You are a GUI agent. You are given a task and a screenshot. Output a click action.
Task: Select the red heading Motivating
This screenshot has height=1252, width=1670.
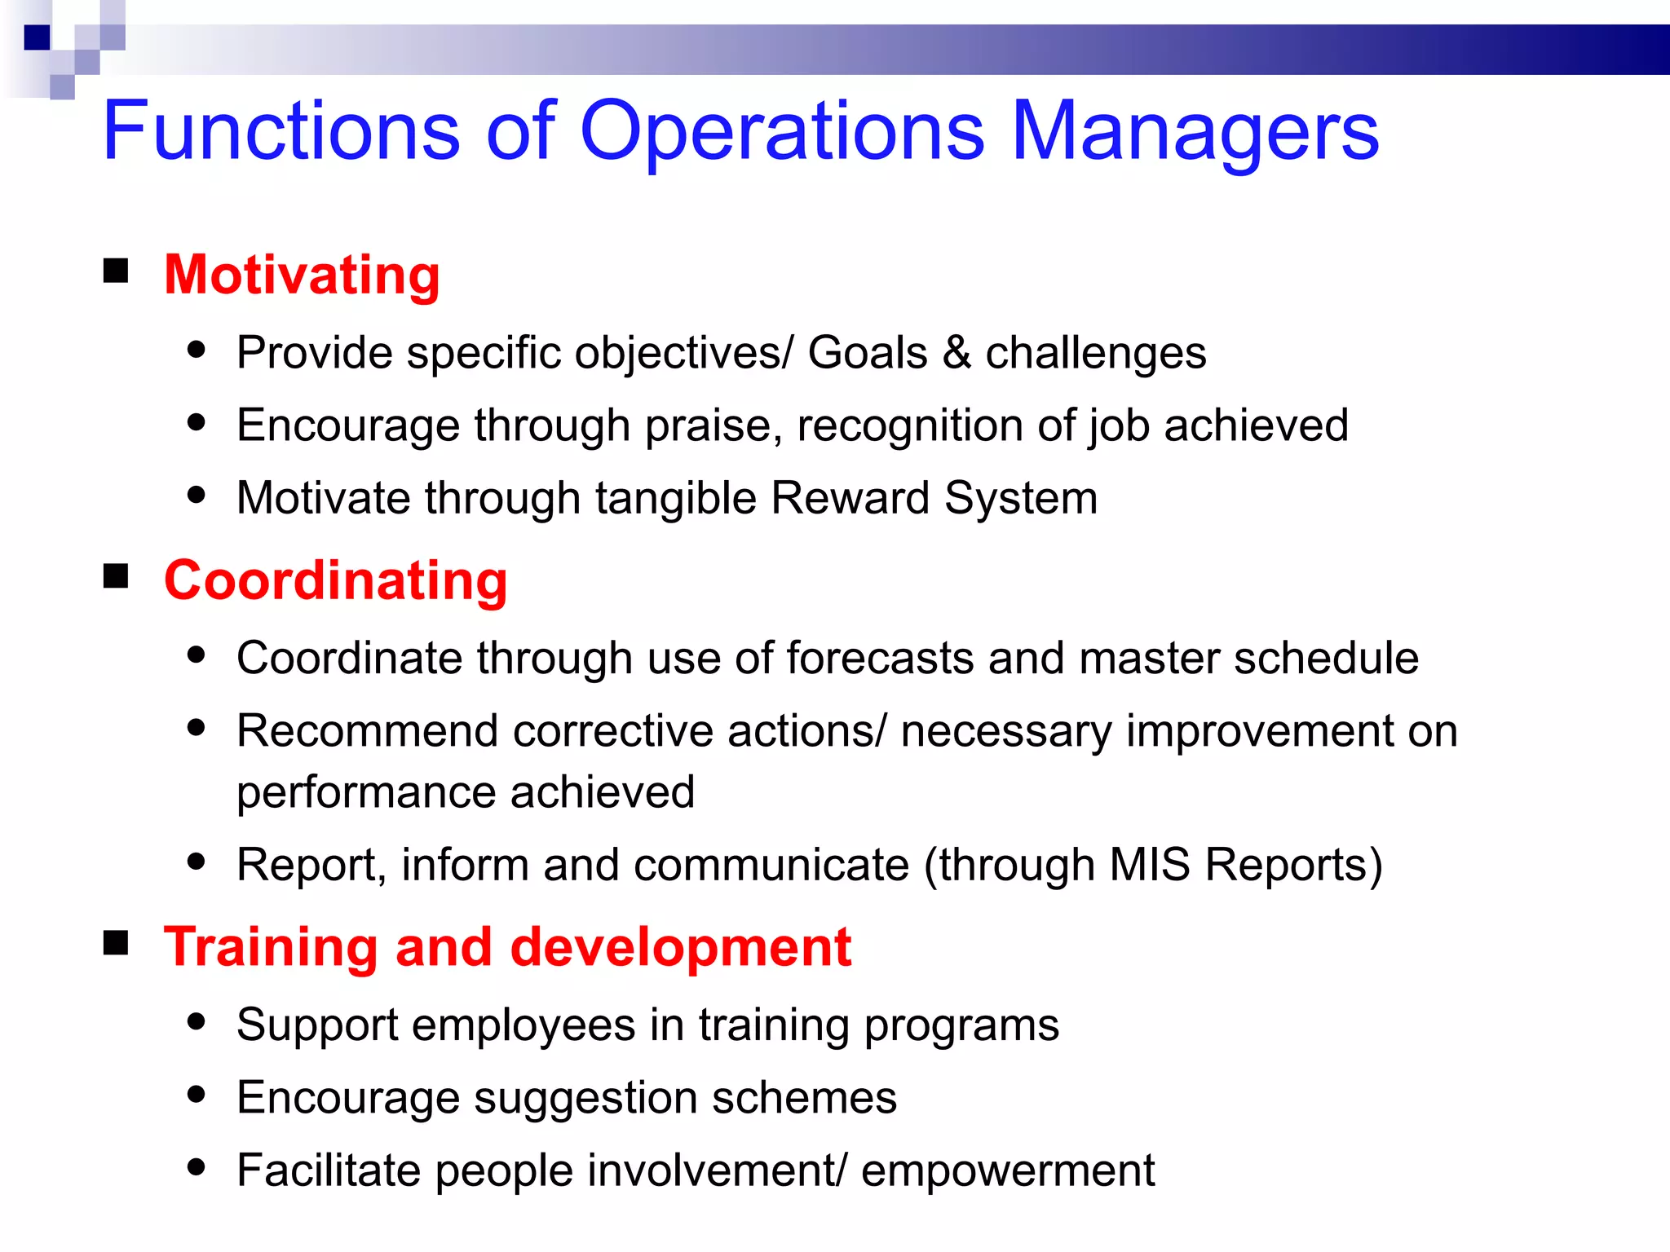(x=302, y=275)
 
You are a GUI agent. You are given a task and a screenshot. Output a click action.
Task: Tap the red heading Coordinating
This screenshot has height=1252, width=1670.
(x=335, y=580)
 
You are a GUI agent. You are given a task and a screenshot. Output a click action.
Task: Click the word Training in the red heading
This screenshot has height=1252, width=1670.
(x=270, y=947)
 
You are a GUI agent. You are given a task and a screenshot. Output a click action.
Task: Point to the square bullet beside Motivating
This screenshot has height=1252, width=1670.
(x=116, y=271)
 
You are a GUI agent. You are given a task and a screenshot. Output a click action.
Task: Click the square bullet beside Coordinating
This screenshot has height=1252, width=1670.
(x=116, y=576)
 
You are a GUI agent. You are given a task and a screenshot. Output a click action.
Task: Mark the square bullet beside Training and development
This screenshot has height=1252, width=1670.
(x=116, y=943)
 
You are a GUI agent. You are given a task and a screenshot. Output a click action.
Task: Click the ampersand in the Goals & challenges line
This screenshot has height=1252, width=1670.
(x=956, y=353)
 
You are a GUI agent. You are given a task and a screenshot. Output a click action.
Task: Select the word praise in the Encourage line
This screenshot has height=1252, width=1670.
(x=708, y=425)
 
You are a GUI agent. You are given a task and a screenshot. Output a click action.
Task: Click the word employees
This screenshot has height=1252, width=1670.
(x=524, y=1025)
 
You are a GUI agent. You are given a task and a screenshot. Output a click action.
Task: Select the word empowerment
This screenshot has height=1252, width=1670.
(x=1008, y=1170)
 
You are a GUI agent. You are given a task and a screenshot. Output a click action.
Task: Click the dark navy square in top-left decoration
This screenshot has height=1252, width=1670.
(x=38, y=37)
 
